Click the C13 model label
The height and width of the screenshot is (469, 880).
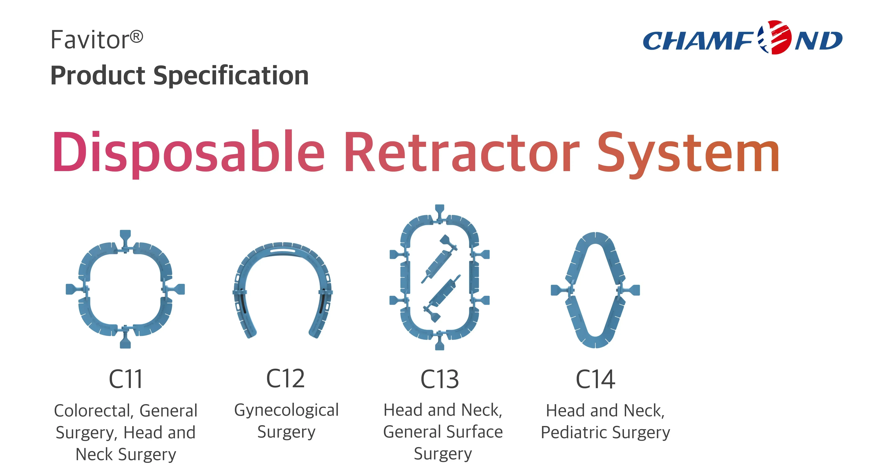[x=440, y=379]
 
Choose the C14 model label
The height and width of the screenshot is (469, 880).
[x=595, y=379]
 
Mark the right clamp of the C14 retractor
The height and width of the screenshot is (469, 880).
[x=629, y=290]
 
